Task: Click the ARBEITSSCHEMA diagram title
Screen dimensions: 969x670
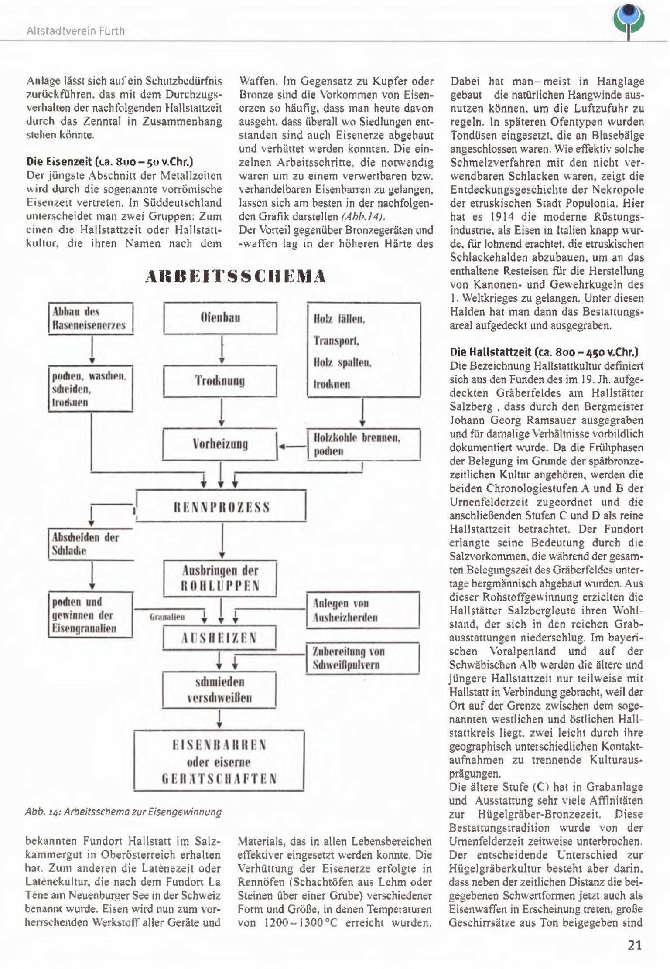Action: point(235,276)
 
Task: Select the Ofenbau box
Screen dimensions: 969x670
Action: point(220,318)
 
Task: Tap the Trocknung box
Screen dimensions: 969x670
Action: point(220,381)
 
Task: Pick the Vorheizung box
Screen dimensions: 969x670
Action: point(220,444)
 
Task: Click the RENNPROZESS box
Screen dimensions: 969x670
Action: point(221,507)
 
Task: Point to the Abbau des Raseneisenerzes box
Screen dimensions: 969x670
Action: point(90,319)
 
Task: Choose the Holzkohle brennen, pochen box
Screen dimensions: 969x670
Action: point(363,444)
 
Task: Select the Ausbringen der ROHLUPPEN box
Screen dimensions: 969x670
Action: point(220,578)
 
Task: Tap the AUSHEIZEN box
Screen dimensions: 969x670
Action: point(219,638)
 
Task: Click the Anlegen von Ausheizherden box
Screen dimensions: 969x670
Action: point(363,610)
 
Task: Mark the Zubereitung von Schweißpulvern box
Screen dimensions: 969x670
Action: point(363,658)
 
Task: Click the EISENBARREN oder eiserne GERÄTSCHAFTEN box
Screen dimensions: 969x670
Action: point(219,761)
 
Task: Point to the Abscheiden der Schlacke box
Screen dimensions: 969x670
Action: point(90,544)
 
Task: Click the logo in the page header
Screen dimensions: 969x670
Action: point(629,20)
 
